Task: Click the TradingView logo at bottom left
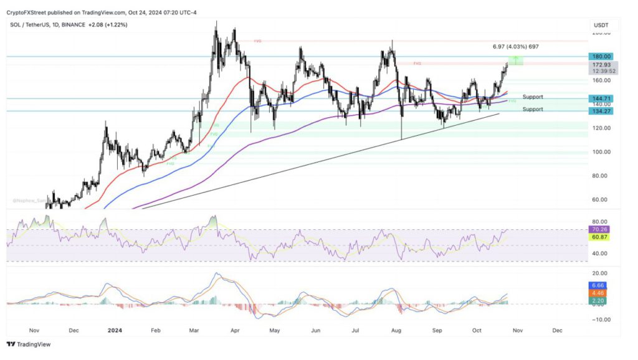(29, 344)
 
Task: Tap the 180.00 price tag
(602, 56)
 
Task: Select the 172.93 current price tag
(602, 65)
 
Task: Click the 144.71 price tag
(602, 98)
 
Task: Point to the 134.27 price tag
(602, 111)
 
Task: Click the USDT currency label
(601, 26)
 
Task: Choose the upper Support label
(533, 97)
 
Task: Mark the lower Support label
(533, 109)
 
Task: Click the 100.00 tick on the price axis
(601, 152)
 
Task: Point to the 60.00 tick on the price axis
(601, 200)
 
